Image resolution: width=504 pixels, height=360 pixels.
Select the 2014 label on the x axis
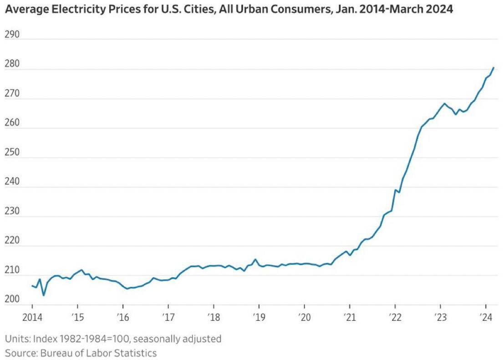point(32,317)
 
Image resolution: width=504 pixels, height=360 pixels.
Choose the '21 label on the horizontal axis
point(349,317)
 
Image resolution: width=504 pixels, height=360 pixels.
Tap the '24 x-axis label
point(485,317)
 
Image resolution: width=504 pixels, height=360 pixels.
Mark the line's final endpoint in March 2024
point(494,68)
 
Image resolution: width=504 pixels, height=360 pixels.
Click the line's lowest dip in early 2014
point(44,295)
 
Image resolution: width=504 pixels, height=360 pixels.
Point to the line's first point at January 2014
point(32,285)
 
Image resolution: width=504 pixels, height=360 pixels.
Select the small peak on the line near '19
point(255,259)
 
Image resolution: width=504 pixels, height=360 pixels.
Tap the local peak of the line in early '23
point(444,104)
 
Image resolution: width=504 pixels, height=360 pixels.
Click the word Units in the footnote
point(16,339)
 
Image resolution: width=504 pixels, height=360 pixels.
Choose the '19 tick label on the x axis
point(259,317)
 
